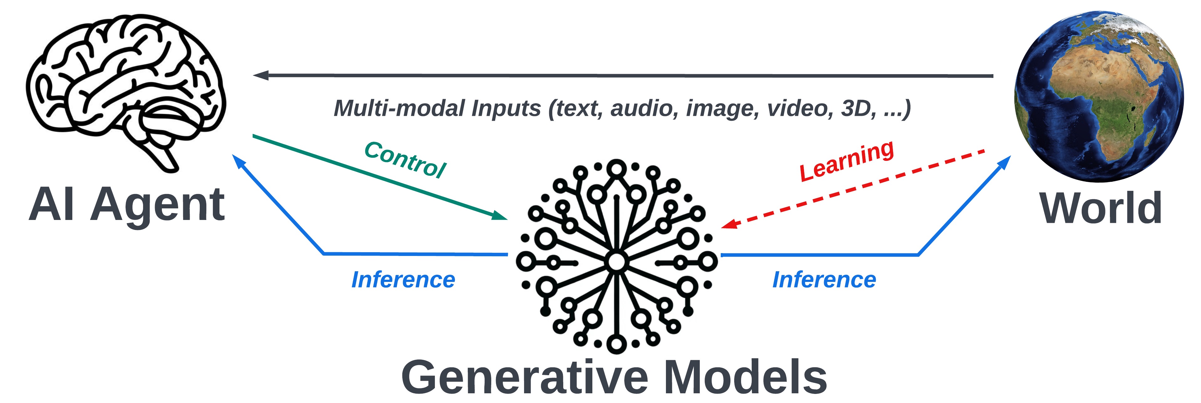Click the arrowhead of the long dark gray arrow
(260, 75)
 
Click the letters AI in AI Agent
(51, 205)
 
